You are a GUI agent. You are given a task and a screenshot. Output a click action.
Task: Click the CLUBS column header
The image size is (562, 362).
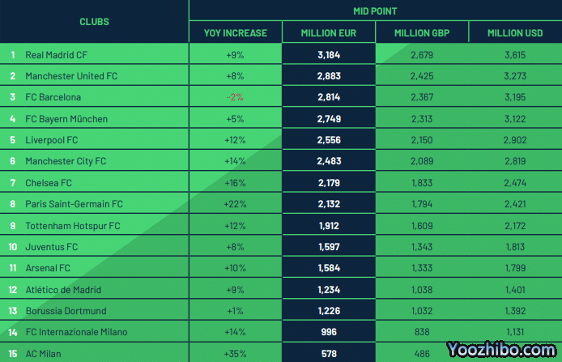94,22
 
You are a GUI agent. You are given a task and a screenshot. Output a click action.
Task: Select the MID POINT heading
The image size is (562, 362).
375,11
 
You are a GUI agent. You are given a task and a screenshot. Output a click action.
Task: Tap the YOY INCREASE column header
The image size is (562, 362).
235,33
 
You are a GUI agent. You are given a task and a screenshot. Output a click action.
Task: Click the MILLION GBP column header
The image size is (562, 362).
421,33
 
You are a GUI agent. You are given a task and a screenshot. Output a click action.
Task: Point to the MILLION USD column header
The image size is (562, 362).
515,33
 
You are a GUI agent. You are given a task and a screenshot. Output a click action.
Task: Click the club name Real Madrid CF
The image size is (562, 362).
56,55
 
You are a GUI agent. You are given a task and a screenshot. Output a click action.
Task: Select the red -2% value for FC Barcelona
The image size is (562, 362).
235,97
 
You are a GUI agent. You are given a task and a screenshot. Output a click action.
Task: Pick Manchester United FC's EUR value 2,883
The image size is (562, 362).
328,76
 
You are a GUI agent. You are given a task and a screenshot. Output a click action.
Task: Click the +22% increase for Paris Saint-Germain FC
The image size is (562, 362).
235,204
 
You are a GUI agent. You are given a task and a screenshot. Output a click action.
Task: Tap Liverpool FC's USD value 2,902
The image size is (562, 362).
515,140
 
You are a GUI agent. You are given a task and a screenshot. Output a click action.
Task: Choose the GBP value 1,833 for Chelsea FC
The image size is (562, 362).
421,183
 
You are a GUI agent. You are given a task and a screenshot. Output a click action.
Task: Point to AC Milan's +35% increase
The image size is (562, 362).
235,354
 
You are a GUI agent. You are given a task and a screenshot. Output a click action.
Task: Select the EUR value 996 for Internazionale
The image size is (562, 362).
328,332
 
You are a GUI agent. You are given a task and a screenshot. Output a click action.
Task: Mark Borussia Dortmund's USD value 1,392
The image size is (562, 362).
515,311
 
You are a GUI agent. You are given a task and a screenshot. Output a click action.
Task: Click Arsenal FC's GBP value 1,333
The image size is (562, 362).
421,268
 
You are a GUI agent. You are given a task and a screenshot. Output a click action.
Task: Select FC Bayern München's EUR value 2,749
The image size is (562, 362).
328,119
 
